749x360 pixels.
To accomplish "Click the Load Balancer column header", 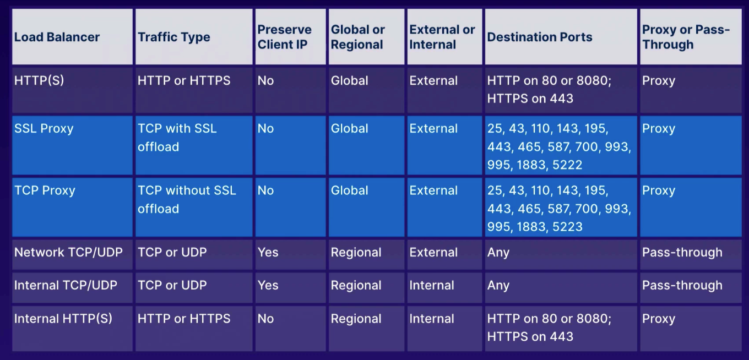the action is pos(57,37).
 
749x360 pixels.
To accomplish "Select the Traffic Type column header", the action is pos(174,37).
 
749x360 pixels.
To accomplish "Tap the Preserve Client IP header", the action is pos(284,37).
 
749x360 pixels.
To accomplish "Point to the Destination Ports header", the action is pos(540,37).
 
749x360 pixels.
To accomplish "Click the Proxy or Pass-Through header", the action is pos(686,37).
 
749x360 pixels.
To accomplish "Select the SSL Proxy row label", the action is pos(44,129).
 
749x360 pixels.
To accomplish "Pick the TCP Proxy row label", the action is pos(45,190).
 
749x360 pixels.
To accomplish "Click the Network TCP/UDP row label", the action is pos(68,252).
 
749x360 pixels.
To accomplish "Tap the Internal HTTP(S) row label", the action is pos(63,319).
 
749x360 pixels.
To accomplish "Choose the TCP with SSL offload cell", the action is pos(177,138).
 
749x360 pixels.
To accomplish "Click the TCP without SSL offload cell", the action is pos(187,200).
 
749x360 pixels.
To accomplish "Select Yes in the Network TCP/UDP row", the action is pos(268,252).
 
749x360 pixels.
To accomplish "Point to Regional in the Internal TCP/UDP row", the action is pos(356,286).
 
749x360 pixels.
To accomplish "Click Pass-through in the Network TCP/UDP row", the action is pos(682,252).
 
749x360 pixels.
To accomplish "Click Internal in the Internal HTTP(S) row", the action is pos(432,319).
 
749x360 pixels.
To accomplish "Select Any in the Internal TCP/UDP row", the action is pos(498,286).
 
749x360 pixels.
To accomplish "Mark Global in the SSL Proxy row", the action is pos(349,129).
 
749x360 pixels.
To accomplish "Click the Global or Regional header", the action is pos(358,37).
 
